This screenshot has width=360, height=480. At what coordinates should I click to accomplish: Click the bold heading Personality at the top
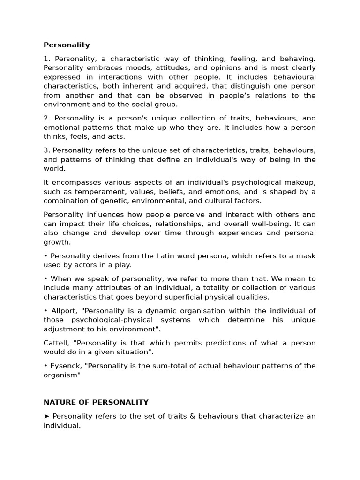point(67,45)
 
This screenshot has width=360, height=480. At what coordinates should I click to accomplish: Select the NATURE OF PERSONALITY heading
point(96,402)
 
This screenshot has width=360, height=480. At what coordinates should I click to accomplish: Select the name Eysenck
point(66,366)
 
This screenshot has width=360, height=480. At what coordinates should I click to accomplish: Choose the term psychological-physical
point(118,320)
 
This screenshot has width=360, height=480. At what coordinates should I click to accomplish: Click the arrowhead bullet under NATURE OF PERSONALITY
point(46,416)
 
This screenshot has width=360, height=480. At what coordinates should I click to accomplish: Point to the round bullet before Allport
point(45,311)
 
